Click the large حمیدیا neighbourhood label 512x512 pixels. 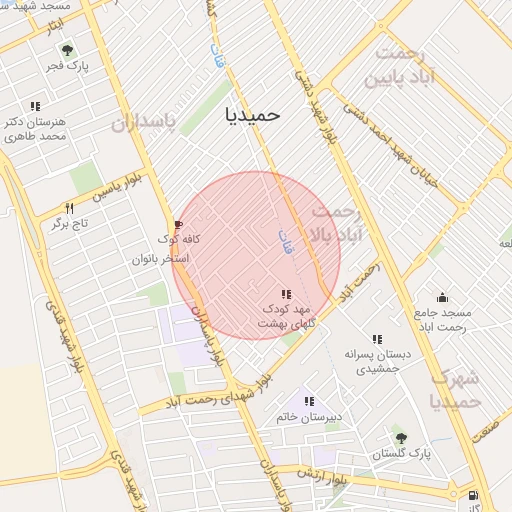click(253, 115)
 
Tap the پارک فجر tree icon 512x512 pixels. click(67, 49)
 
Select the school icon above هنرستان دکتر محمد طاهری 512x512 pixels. click(35, 105)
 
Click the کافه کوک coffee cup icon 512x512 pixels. click(179, 225)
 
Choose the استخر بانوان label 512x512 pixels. click(161, 259)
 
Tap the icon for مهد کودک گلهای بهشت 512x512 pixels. click(287, 294)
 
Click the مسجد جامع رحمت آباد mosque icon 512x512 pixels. click(443, 297)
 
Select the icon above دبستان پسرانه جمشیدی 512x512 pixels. click(377, 339)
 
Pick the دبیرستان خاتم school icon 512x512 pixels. click(309, 401)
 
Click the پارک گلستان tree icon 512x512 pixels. click(401, 437)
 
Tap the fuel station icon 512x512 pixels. click(472, 494)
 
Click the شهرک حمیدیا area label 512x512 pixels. click(456, 390)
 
